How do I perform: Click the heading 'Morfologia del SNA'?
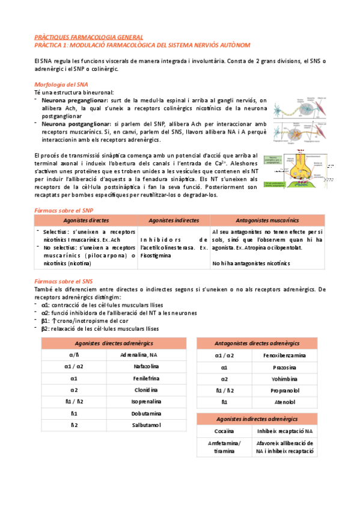(x=61, y=85)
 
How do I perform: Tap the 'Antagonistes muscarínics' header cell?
(x=268, y=220)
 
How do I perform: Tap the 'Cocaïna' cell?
(x=224, y=431)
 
